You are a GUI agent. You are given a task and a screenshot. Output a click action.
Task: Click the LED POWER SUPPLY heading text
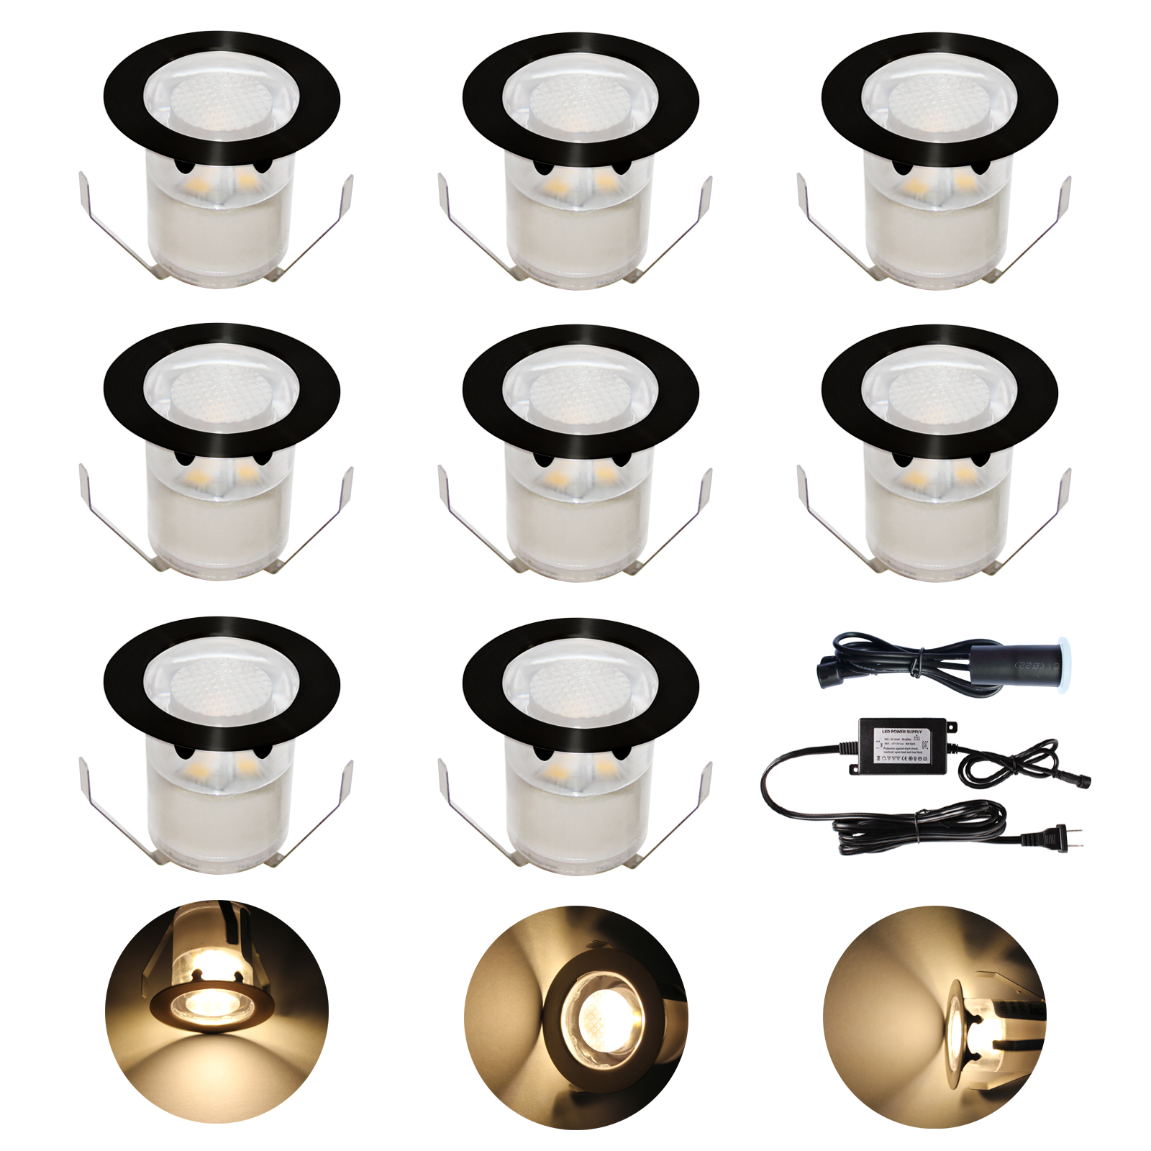901,731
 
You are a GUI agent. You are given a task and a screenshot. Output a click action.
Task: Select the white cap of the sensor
1063,656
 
